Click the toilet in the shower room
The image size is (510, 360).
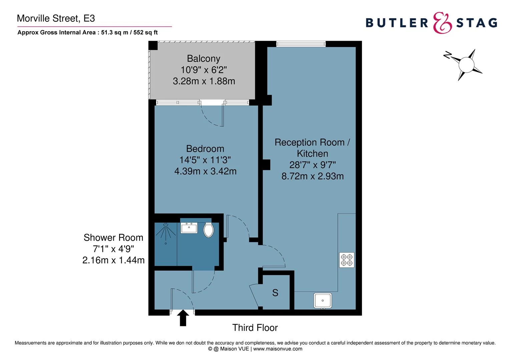coord(208,230)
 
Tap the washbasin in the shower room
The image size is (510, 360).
coord(189,228)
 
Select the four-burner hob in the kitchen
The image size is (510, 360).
coord(347,260)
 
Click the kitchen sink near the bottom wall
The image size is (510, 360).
coord(323,300)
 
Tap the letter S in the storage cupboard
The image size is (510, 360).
coord(275,293)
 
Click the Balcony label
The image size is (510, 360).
coord(203,59)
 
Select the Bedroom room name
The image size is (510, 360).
coord(205,149)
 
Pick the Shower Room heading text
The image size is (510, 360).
coord(113,238)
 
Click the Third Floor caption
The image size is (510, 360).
coord(255,328)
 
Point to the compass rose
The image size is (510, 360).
coord(466,65)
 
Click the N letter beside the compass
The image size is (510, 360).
coord(447,55)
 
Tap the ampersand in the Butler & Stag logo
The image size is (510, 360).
coord(442,23)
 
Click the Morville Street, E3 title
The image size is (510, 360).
coord(56,18)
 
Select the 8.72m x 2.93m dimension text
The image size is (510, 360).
coord(313,176)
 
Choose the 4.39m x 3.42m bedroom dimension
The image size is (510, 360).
coord(205,171)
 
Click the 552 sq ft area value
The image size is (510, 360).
coord(146,33)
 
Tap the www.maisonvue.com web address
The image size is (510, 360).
coord(278,349)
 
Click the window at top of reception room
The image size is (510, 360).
coord(301,43)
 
